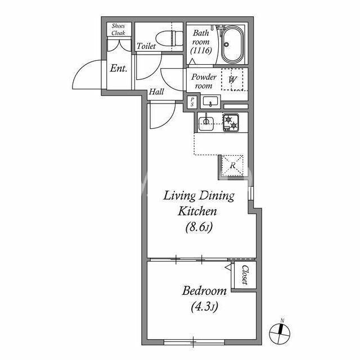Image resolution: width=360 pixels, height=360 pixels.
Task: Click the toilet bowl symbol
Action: tap(169, 38)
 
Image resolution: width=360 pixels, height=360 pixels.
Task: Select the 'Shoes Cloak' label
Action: tap(119, 29)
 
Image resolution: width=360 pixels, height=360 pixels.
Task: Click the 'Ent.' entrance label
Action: tap(119, 68)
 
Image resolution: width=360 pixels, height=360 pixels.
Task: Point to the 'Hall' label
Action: tap(156, 92)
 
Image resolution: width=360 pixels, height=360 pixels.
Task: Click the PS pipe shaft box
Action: tap(192, 102)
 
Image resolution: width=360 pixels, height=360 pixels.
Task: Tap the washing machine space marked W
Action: tap(232, 80)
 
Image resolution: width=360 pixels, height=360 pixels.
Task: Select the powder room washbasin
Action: tap(210, 101)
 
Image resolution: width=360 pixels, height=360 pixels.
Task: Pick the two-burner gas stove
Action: tap(231, 123)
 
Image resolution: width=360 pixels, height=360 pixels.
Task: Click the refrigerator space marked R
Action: tap(232, 165)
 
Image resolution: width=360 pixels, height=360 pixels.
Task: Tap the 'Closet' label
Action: tap(245, 275)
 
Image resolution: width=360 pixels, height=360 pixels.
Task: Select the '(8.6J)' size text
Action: tap(199, 227)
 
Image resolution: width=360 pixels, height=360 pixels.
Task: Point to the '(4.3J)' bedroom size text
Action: tap(204, 307)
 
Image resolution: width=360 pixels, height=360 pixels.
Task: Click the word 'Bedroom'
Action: tap(204, 291)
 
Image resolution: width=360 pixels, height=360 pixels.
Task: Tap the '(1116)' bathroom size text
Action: tap(201, 50)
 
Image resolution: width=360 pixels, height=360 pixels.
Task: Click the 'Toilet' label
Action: tap(146, 46)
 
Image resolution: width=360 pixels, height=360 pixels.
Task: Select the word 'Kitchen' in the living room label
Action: tap(197, 211)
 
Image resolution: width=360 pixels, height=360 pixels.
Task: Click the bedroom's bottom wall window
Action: tap(194, 343)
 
